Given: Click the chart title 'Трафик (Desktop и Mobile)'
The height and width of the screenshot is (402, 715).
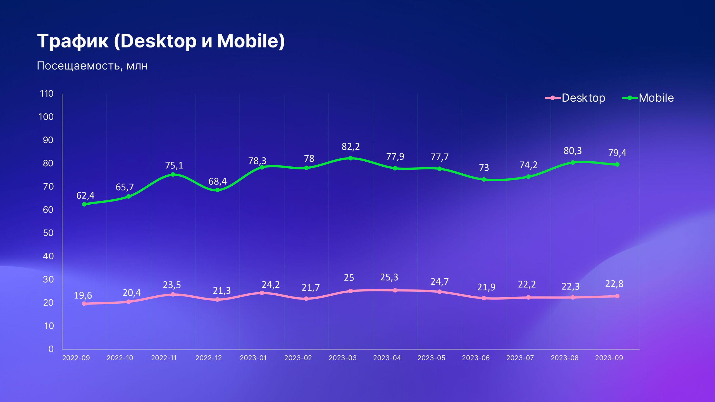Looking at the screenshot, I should coord(161,41).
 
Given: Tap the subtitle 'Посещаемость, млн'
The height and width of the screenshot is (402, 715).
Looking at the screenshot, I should coord(92,66).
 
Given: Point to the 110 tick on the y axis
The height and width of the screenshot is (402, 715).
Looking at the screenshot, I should coord(47,94).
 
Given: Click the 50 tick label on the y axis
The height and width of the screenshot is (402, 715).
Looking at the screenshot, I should coord(48,233).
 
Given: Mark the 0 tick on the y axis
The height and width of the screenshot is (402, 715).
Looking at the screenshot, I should coord(51,349).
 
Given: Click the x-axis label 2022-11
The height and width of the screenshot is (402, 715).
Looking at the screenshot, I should coord(164,358).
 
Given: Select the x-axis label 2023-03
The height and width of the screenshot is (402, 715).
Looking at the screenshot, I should coord(342,358).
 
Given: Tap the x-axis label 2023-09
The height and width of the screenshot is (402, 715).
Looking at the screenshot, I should coord(609,358).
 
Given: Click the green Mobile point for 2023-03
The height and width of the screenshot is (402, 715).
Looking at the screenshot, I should coord(351,158).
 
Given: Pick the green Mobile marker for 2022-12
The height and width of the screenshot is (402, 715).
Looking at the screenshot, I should coord(217,190).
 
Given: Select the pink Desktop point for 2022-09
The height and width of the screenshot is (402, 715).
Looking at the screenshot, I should coord(84,304).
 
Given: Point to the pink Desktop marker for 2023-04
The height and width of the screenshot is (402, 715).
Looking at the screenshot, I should coord(395,290).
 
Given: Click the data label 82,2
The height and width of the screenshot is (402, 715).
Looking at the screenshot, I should coord(351,147).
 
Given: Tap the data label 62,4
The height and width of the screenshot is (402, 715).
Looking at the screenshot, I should coord(85,196).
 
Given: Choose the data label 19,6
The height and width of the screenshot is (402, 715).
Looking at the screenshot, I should coord(83,295).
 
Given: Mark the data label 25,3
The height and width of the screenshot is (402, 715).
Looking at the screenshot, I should coord(389,277).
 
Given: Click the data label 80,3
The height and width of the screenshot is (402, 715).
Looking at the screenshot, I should coord(573,151).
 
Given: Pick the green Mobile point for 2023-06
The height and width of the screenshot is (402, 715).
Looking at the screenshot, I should coord(484,180).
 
